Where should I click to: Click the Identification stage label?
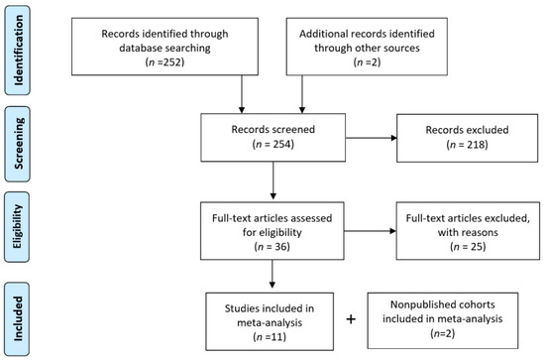[x=18, y=51]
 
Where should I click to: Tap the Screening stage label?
[x=18, y=144]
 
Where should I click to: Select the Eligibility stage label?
[x=17, y=227]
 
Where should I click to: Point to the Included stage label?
[x=17, y=318]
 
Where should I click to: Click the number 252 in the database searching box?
[x=170, y=61]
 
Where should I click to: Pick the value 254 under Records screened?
[x=280, y=144]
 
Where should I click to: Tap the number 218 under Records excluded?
[x=475, y=145]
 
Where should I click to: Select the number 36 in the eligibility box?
[x=279, y=246]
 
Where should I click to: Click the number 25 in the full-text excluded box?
[x=475, y=246]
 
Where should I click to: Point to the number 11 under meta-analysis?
[x=276, y=337]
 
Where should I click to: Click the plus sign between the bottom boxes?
[x=351, y=319]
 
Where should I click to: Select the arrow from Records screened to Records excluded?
[x=372, y=138]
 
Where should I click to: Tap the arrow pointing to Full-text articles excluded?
[x=371, y=231]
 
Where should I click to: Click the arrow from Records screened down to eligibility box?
[x=273, y=180]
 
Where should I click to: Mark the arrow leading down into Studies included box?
[x=272, y=274]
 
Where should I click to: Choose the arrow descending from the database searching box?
[x=242, y=94]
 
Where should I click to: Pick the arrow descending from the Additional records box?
[x=302, y=94]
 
